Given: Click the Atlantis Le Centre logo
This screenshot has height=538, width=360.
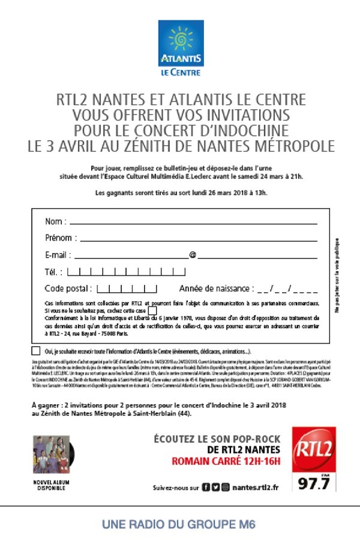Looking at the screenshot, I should tap(181, 48).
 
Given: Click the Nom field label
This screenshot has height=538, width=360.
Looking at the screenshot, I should tap(55, 222).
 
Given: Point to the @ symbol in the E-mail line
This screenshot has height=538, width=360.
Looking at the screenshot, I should tap(193, 255).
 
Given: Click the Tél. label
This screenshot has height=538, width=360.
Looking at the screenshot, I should tap(54, 272).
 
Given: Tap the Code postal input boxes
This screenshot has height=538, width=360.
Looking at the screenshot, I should tap(127, 288).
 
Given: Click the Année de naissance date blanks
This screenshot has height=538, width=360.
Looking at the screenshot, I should tap(287, 288).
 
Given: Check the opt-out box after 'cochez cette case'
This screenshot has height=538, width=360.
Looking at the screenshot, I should tap(152, 311).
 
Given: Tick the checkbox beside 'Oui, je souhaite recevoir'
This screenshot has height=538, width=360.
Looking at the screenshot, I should tap(36, 351).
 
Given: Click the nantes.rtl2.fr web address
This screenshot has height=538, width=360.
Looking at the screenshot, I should tap(255, 488).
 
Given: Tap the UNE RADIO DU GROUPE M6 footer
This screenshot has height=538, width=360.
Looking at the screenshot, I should tap(179, 524).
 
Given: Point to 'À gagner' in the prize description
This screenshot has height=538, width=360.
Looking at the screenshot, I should tap(46, 405).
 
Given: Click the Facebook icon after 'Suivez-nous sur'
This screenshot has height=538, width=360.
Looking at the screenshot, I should tap(206, 488).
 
